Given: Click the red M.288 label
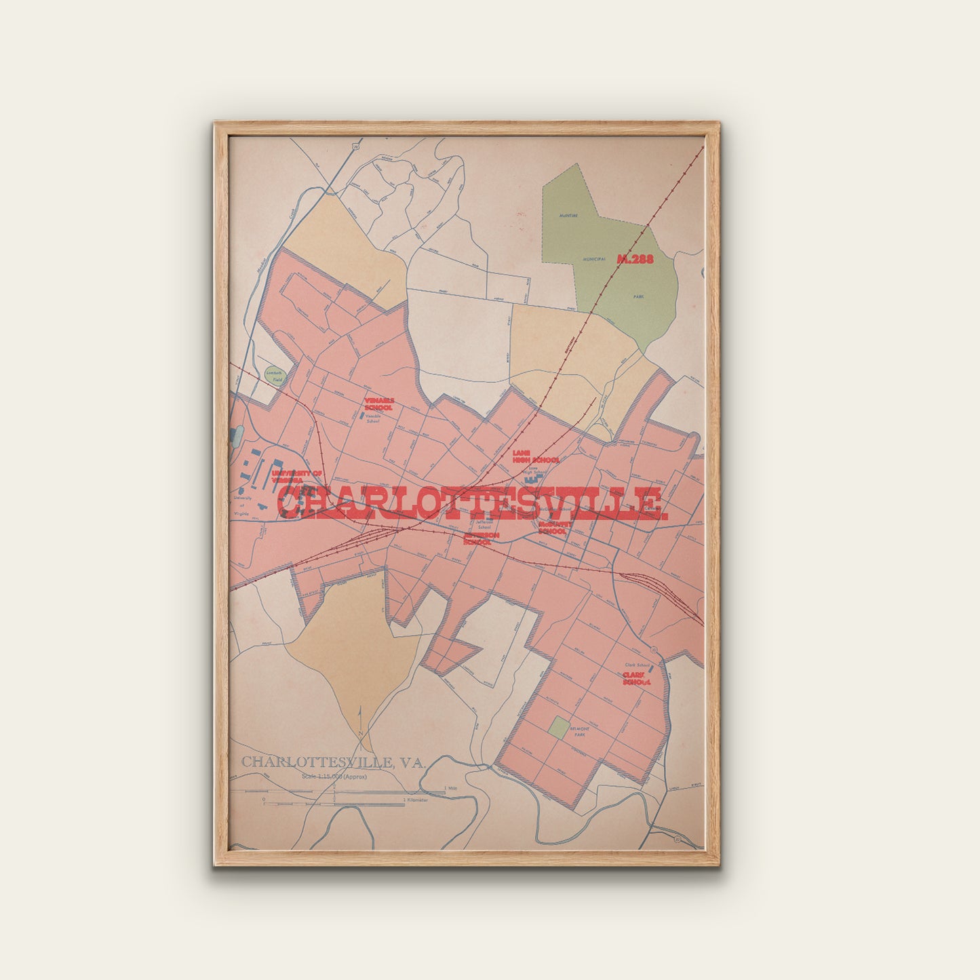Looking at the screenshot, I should pos(635,258).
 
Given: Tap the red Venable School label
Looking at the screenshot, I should pos(378,404).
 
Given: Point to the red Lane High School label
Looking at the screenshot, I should pos(535,456).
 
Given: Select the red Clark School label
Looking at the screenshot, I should pos(636,679).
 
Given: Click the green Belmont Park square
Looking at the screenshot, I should pos(559,728).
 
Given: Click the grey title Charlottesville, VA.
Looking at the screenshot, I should pos(333,762).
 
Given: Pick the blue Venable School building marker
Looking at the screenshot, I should pos(361,413).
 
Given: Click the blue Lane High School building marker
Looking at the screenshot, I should pos(530,478).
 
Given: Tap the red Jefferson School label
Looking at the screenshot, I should pos(482,538).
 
